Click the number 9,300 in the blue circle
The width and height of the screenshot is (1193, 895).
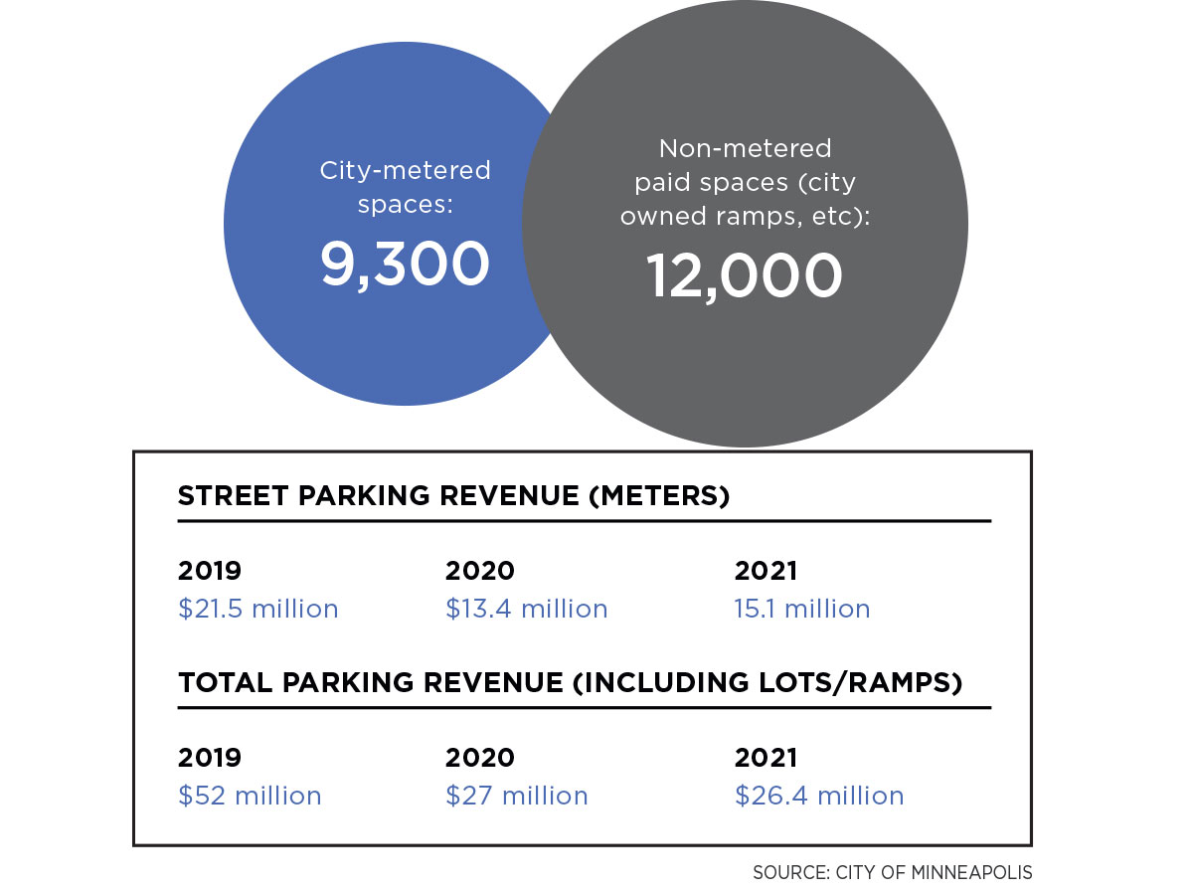[x=405, y=266]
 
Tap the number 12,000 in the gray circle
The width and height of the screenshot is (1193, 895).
[x=745, y=275]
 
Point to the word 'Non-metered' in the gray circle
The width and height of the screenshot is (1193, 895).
[x=745, y=149]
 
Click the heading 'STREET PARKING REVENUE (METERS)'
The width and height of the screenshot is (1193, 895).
[x=453, y=496]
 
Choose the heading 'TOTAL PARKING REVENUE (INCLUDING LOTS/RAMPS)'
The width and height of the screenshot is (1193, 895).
[x=570, y=683]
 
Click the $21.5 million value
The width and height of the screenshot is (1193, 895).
[x=257, y=609]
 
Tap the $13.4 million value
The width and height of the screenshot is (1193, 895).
[x=526, y=609]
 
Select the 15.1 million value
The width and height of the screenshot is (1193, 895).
[x=801, y=609]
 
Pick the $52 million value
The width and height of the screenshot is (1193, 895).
[x=250, y=796]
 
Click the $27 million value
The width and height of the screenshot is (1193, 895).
[x=516, y=796]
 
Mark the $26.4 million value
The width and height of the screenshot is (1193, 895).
[x=819, y=796]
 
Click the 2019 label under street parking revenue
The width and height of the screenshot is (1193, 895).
[x=209, y=571]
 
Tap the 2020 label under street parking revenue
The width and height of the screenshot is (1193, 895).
[x=479, y=571]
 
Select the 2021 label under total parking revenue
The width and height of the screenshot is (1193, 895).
[x=766, y=758]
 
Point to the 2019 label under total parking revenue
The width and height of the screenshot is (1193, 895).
[x=209, y=758]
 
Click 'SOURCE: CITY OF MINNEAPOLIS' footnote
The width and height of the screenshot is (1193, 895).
[x=892, y=873]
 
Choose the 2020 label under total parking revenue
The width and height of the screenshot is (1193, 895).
[x=479, y=758]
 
